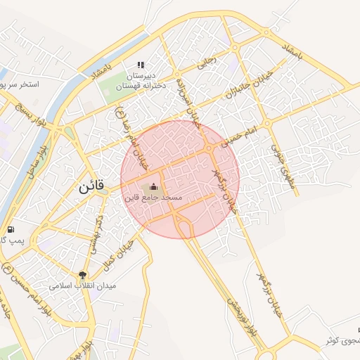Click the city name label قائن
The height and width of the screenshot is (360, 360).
tap(90, 187)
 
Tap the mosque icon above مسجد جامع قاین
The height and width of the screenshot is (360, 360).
tap(154, 186)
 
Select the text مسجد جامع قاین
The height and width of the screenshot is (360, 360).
tap(153, 198)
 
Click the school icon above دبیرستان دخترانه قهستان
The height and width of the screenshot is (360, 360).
tap(140, 65)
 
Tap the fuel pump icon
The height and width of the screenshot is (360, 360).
tap(11, 230)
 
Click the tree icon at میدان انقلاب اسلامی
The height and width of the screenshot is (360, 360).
tap(83, 276)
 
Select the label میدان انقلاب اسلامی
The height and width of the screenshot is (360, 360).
tap(83, 287)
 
